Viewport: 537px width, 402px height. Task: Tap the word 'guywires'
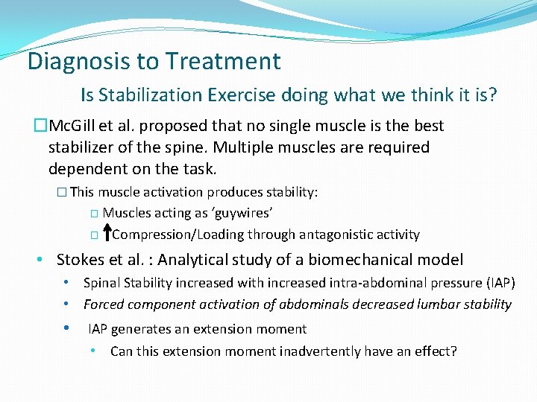coord(237,214)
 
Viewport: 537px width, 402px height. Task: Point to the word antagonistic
coord(336,234)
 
